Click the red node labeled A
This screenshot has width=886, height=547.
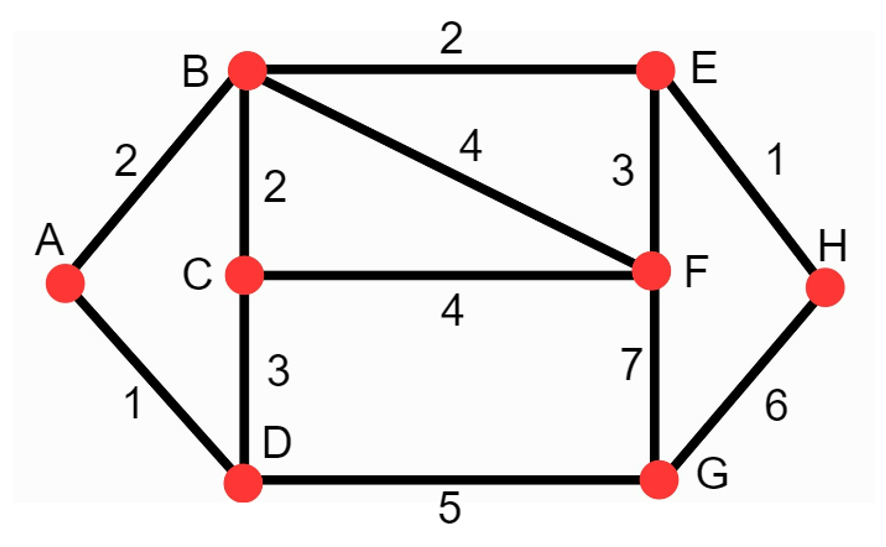[65, 283]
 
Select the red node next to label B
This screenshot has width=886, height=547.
[247, 70]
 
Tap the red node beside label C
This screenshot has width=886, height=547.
[245, 275]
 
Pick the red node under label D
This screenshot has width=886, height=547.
[243, 483]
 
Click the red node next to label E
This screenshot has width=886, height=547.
[655, 70]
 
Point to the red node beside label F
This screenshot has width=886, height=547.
[652, 271]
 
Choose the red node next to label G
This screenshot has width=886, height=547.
[659, 480]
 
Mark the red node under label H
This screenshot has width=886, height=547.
[825, 287]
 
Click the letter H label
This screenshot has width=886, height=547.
[832, 246]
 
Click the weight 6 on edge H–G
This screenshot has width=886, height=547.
[776, 405]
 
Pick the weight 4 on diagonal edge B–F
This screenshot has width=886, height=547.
[470, 145]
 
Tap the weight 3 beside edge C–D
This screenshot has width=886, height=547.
[279, 371]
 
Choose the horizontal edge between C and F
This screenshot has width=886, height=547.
[447, 275]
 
